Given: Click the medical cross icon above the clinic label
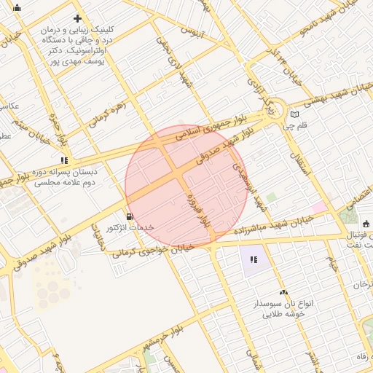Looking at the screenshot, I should tap(77, 19).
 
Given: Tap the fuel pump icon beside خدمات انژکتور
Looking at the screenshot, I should tap(130, 216).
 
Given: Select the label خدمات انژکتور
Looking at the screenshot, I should tap(131, 227).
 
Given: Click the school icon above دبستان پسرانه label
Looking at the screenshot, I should tap(65, 160).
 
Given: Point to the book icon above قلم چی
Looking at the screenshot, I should tap(294, 114).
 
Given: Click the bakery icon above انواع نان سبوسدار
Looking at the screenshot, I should tap(283, 291).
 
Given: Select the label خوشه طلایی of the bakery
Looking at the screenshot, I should tap(283, 314).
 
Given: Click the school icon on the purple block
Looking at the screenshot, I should tap(254, 259).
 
